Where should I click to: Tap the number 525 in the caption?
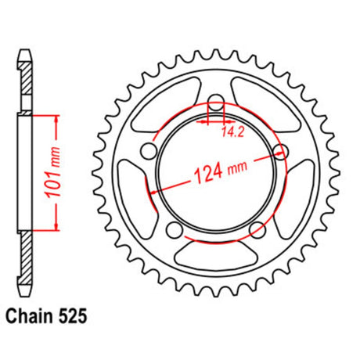(73, 317)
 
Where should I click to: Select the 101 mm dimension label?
(52, 172)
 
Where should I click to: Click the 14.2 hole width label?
(232, 132)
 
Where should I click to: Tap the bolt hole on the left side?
(149, 150)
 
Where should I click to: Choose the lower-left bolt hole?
(174, 230)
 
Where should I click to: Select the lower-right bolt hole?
(257, 230)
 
